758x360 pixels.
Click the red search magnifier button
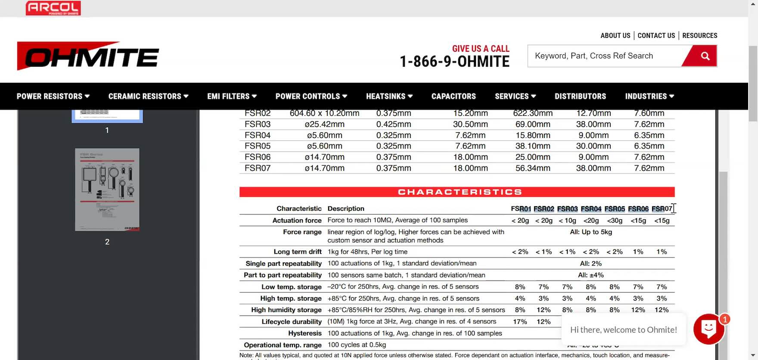pos(705,56)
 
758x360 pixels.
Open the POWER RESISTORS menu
pos(53,96)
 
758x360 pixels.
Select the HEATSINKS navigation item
pos(389,96)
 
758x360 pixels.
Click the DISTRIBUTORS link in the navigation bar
pos(580,96)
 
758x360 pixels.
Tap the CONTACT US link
pos(656,36)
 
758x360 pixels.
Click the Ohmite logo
pos(88,56)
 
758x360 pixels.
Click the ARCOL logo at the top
pos(53,8)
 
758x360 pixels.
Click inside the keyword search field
pos(603,56)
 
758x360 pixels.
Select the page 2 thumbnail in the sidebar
pos(107,189)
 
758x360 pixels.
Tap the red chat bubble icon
pos(708,329)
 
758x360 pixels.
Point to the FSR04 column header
pos(591,209)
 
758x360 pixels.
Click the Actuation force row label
pos(297,220)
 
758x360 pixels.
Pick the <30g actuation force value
pos(615,220)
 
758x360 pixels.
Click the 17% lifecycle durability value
pos(520,322)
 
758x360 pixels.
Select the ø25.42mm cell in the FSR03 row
pos(324,124)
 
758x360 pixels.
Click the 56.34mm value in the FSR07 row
pos(533,168)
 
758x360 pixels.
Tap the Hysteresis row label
pos(304,333)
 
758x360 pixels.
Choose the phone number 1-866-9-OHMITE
pos(454,62)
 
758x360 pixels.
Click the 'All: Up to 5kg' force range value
pos(591,232)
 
